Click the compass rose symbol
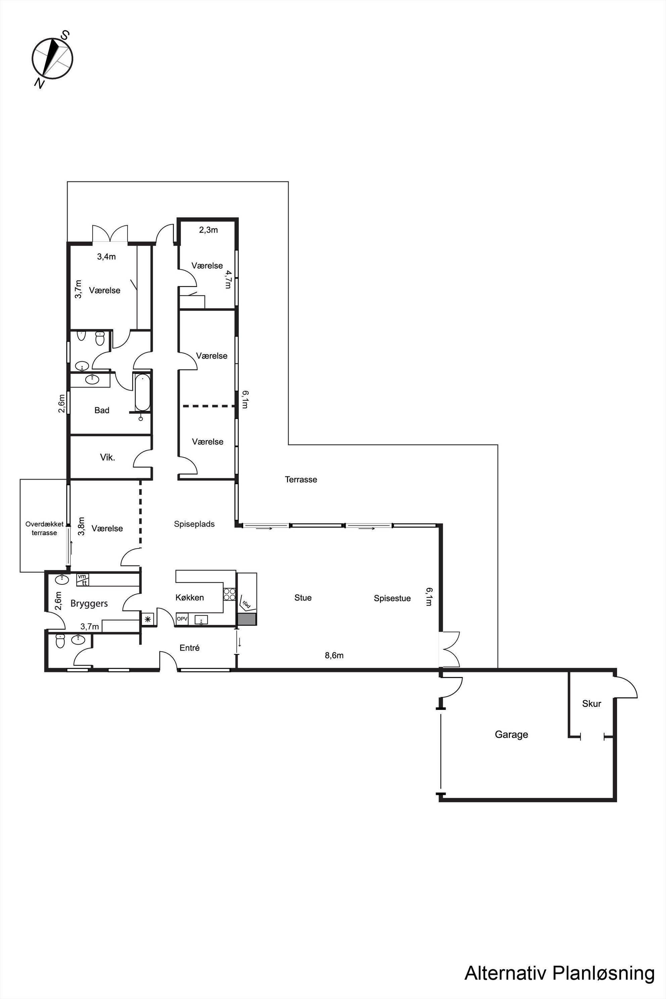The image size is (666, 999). point(53,59)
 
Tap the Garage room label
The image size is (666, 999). point(511,734)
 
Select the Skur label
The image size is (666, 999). point(591,703)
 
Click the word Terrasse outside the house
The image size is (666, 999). point(301,480)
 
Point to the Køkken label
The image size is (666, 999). point(189,597)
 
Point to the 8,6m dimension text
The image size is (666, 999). point(334,655)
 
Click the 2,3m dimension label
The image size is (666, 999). point(208,230)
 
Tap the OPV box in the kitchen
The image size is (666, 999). point(182,619)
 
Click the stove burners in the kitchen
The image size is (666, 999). point(229,594)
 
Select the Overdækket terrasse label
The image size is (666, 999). point(44,528)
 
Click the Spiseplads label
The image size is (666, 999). point(194,524)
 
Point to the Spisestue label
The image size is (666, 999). point(392,598)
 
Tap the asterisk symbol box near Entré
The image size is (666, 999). point(147,619)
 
